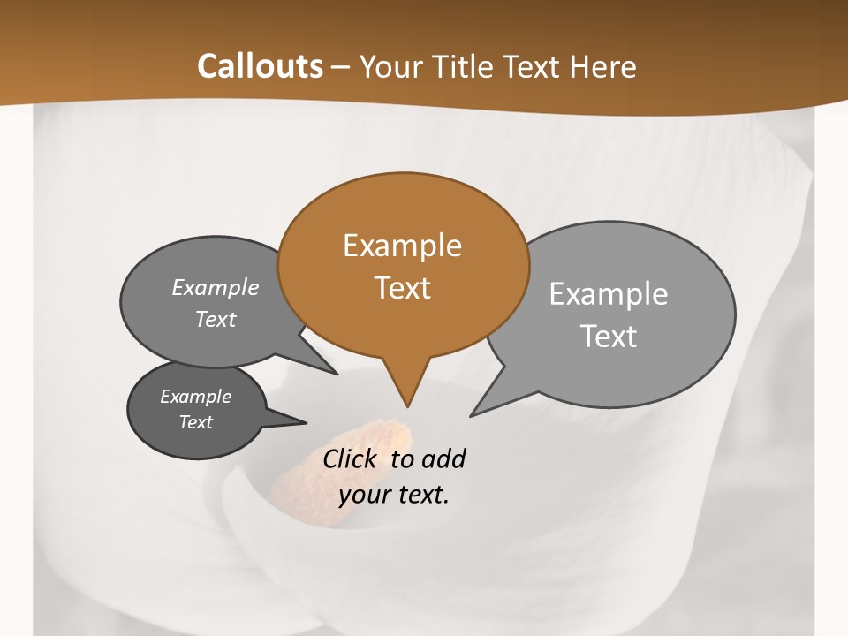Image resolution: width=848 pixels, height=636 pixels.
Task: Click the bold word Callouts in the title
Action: pyautogui.click(x=260, y=66)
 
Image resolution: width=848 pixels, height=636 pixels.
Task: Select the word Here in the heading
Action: pyautogui.click(x=603, y=66)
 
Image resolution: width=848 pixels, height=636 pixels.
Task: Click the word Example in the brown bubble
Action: pyautogui.click(x=402, y=246)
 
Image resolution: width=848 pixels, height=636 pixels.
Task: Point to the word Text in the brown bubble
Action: pyautogui.click(x=402, y=288)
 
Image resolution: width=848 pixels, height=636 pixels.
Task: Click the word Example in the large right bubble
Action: pyautogui.click(x=609, y=294)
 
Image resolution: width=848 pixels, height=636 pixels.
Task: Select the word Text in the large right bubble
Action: pyautogui.click(x=609, y=337)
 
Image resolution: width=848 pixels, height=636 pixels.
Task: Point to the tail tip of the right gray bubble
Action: pyautogui.click(x=474, y=413)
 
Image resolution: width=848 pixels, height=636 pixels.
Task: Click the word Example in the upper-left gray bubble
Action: pyautogui.click(x=216, y=288)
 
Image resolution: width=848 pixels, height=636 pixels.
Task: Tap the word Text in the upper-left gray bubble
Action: pyautogui.click(x=216, y=320)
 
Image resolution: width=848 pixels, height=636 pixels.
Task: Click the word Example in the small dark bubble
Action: pyautogui.click(x=196, y=397)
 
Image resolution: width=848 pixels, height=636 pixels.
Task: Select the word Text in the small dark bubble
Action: pyautogui.click(x=196, y=422)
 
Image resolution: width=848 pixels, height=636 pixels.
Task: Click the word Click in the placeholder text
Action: pyautogui.click(x=352, y=458)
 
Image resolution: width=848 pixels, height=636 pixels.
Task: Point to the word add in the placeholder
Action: pyautogui.click(x=443, y=458)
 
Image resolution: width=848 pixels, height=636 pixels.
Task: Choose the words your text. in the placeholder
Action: pyautogui.click(x=394, y=495)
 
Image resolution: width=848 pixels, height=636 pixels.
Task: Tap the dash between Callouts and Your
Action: pyautogui.click(x=341, y=67)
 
